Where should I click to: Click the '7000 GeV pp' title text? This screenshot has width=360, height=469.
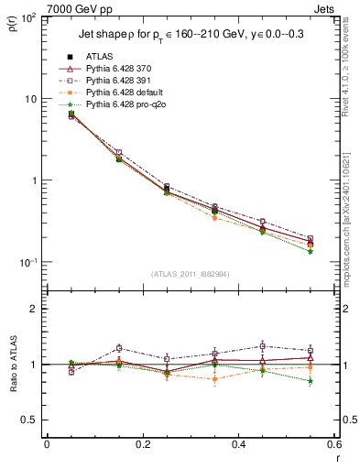(x=75, y=7)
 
